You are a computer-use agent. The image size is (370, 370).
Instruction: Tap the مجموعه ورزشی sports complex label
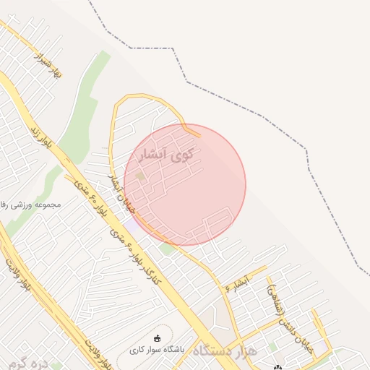(29, 205)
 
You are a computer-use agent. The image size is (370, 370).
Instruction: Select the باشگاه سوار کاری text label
(158, 350)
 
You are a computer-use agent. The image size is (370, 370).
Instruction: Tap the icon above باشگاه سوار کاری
(158, 337)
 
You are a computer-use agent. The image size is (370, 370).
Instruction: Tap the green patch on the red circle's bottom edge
(168, 248)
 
